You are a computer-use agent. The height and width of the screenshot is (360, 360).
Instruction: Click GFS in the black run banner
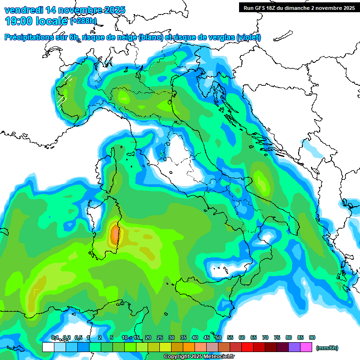[259, 7]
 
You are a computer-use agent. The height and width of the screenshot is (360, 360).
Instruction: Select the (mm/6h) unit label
[327, 348]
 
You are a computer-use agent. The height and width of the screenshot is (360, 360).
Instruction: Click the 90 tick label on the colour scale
[312, 337]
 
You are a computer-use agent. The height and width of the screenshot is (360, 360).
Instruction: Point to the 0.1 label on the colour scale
[54, 337]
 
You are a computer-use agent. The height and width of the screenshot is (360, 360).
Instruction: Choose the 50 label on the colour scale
[218, 337]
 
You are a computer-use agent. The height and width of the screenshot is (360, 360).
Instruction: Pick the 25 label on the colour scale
[160, 337]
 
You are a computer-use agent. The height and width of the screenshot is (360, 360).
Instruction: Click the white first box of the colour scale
[48, 347]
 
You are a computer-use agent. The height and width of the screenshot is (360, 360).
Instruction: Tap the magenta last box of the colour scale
[306, 347]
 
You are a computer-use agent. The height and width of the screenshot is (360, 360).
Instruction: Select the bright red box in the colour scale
[247, 347]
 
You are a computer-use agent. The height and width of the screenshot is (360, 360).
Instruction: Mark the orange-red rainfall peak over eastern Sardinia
[115, 234]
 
